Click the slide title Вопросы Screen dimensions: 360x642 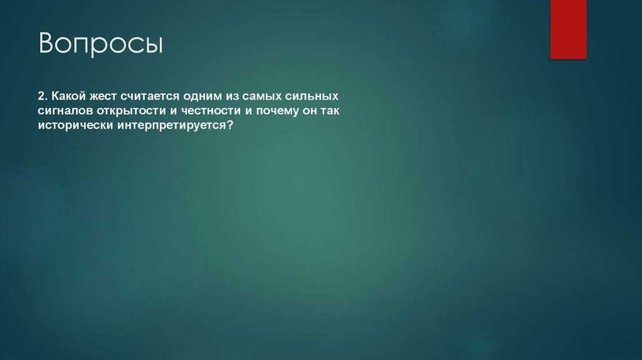tap(101, 46)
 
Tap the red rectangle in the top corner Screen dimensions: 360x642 tap(568, 29)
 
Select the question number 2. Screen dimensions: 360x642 tap(42, 97)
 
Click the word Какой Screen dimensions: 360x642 tap(67, 97)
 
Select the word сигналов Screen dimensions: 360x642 tap(63, 111)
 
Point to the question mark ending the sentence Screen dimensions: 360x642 tap(230, 125)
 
